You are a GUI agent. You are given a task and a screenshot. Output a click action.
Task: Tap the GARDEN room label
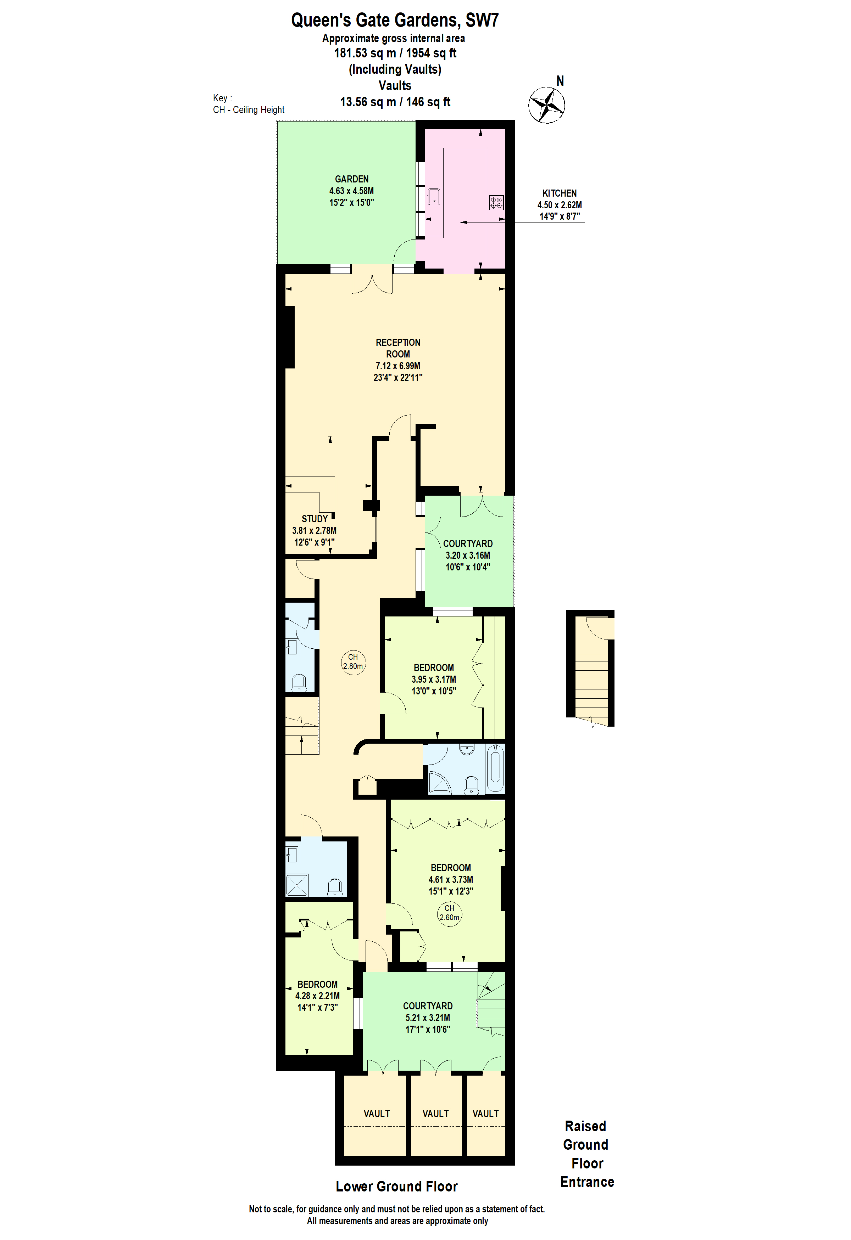click(x=351, y=179)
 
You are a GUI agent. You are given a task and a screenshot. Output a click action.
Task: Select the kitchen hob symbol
click(x=496, y=202)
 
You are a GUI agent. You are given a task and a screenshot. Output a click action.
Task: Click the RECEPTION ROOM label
click(x=398, y=348)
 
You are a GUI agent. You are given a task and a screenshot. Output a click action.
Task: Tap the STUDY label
click(x=315, y=519)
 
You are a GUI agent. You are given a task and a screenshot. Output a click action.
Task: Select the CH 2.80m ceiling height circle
click(x=353, y=661)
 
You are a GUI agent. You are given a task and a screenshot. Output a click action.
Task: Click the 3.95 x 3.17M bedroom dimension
click(x=434, y=679)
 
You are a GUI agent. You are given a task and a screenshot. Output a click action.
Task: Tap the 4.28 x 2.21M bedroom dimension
click(x=317, y=996)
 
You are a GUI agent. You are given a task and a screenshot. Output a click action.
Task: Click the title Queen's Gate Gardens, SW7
click(x=395, y=20)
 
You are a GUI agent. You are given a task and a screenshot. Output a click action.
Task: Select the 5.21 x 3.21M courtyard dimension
click(x=427, y=1018)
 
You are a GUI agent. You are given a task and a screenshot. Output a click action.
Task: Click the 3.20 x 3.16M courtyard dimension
click(x=468, y=556)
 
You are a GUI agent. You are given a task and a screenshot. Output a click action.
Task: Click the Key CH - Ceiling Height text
click(x=248, y=104)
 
